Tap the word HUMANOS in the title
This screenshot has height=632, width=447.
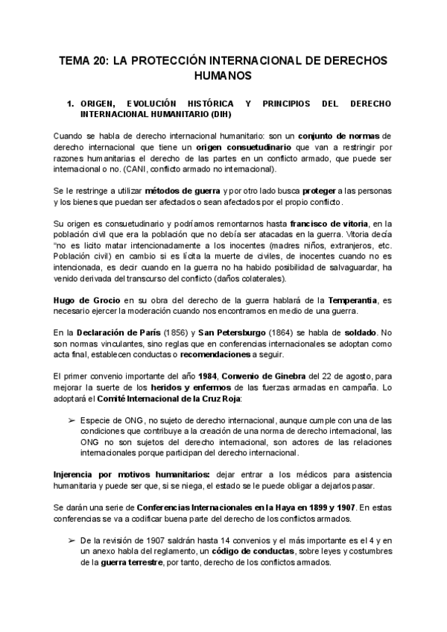pyautogui.click(x=223, y=76)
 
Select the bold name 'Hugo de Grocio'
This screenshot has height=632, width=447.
pyautogui.click(x=83, y=299)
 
